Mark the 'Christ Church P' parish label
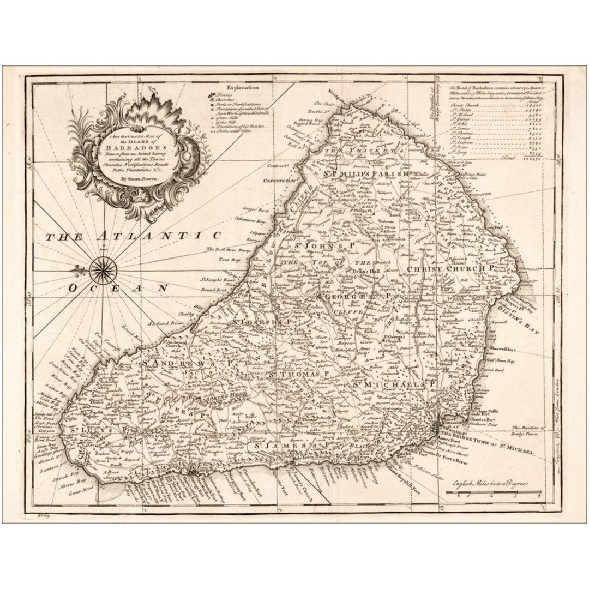coord(449,269)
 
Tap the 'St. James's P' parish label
coord(287,447)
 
